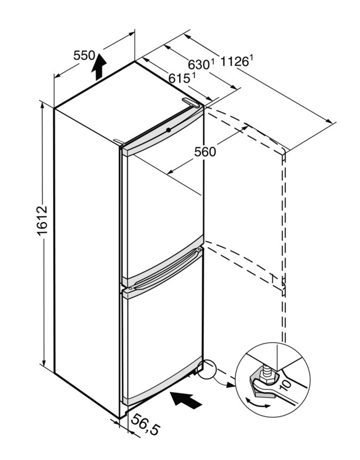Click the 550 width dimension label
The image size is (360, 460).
(x=84, y=55)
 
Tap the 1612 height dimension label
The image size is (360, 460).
(x=42, y=221)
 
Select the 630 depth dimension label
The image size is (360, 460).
(x=201, y=64)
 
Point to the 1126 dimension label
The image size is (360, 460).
(x=236, y=61)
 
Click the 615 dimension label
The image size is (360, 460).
(x=182, y=78)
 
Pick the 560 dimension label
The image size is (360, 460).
(x=205, y=151)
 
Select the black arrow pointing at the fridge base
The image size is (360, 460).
(x=187, y=400)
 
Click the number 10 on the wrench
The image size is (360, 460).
(x=285, y=384)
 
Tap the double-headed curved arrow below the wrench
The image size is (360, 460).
(x=258, y=403)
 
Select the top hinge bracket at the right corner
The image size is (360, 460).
(x=191, y=102)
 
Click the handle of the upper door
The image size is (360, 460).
(x=164, y=268)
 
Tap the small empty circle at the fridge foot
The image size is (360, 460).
(x=207, y=369)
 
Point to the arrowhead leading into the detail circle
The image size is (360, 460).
(x=230, y=385)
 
